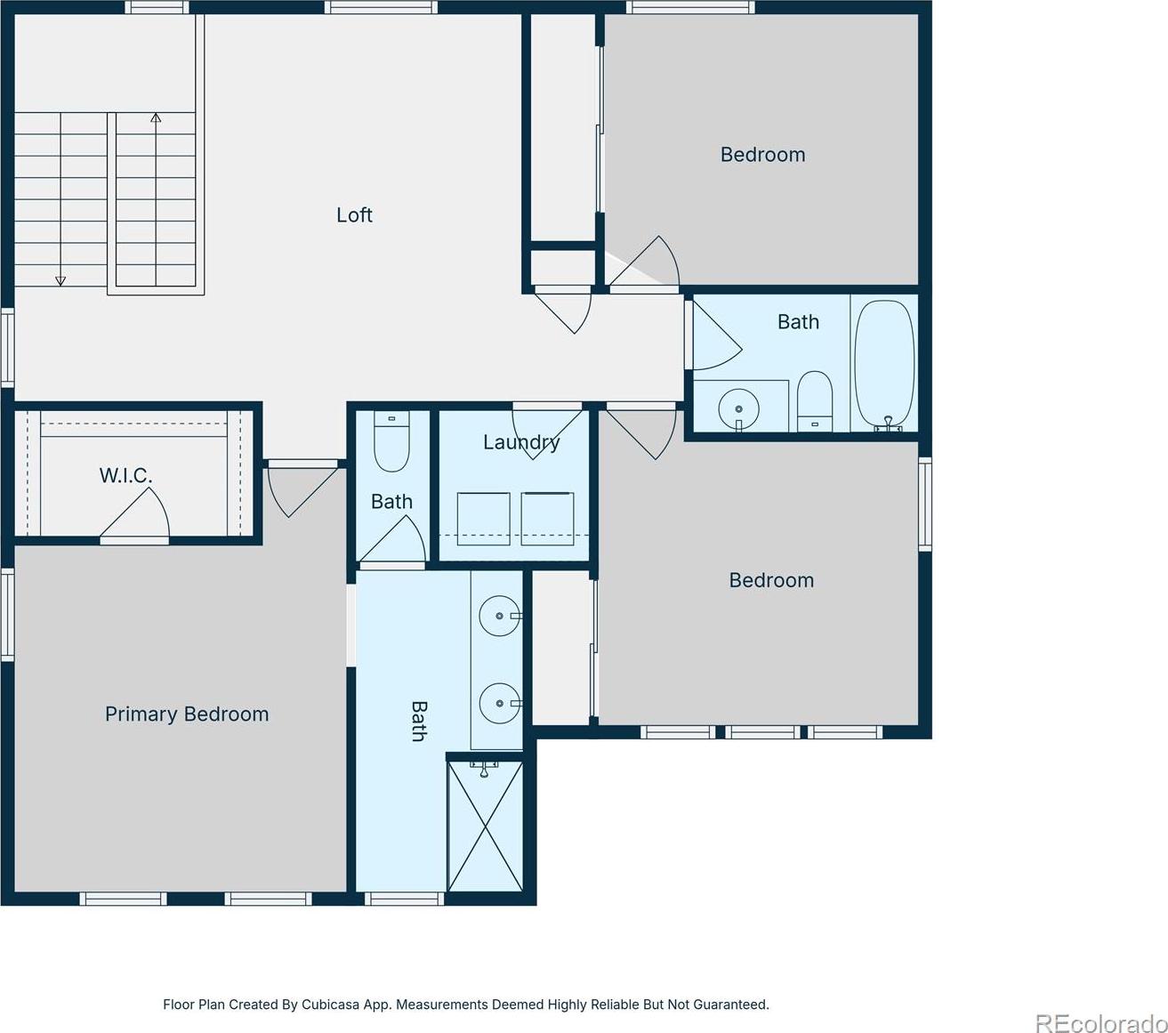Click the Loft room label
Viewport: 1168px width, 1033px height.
354,215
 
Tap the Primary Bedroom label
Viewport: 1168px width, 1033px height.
187,714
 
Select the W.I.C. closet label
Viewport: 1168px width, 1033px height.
125,476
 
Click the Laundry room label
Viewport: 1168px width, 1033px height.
521,442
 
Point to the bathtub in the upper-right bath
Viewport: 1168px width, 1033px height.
883,366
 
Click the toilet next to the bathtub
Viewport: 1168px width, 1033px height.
815,401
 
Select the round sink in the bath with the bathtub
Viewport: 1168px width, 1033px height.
738,409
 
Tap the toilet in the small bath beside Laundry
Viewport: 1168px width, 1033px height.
391,441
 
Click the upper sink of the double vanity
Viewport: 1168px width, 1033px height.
500,616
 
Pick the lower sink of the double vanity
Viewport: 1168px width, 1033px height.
500,703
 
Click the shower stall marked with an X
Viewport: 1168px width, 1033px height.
486,827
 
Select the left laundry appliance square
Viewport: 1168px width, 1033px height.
484,519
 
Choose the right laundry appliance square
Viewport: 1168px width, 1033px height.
548,519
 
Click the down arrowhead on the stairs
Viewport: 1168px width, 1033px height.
60,281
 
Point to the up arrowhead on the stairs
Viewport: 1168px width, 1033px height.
156,117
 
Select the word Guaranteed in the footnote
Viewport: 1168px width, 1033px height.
730,1005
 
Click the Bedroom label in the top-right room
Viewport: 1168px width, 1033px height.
762,155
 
